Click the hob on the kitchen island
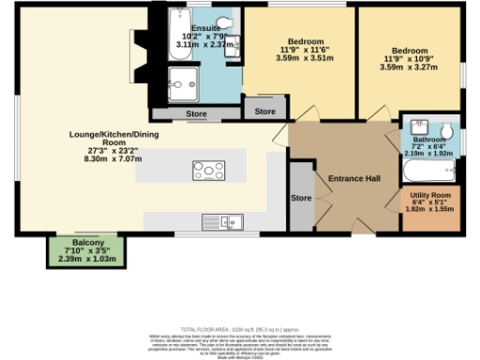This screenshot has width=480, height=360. (208, 170)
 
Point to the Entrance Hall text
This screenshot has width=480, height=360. (352, 178)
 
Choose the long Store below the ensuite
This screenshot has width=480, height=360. (196, 114)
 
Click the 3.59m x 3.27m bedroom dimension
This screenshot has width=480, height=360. (410, 66)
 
